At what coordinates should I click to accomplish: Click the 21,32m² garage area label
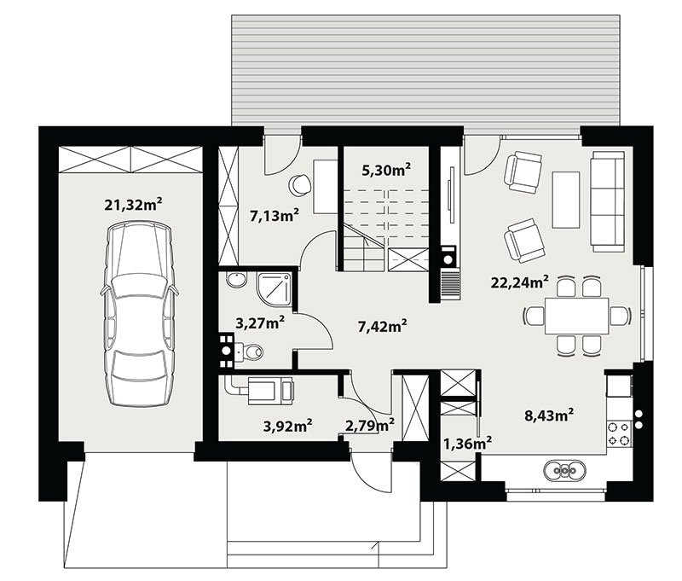tap(134, 204)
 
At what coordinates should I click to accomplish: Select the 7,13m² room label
tap(275, 215)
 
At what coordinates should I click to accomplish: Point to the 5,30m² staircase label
tap(386, 170)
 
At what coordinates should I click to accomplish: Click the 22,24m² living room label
tap(519, 282)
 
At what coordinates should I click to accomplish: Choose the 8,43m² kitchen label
tap(549, 415)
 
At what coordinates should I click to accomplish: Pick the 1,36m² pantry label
tap(467, 443)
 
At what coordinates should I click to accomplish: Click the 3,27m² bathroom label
tap(260, 322)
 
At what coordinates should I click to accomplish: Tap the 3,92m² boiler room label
tap(287, 425)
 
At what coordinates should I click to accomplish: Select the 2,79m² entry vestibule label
tap(370, 425)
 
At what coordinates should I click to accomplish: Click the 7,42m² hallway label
tap(382, 326)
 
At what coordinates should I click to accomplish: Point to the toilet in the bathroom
tap(249, 352)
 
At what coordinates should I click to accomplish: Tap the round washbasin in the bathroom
tap(237, 280)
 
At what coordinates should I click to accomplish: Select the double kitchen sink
tap(564, 470)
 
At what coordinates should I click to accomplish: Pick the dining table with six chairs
tap(577, 316)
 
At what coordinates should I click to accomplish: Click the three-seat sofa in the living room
tap(607, 201)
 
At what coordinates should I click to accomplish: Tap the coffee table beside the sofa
tap(566, 200)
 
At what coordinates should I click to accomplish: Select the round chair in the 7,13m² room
tap(300, 184)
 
